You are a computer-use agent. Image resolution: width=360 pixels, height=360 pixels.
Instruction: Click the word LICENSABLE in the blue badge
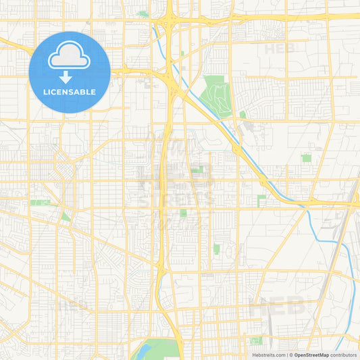click(x=70, y=92)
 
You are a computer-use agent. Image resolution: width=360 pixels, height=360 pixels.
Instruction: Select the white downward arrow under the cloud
click(x=66, y=77)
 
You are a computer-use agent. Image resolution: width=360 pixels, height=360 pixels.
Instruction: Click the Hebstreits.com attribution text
click(x=267, y=355)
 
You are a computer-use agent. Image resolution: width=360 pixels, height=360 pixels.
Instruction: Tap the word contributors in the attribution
click(x=344, y=355)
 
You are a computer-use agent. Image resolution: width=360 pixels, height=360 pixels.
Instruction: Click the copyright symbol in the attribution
click(x=290, y=355)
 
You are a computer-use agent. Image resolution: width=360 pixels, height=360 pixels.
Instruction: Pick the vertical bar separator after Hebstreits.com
click(x=286, y=355)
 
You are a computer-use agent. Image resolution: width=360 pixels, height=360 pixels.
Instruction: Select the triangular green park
click(x=65, y=216)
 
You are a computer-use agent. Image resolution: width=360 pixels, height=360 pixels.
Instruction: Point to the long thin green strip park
click(x=39, y=202)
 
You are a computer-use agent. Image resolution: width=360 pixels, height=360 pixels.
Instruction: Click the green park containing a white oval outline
click(x=255, y=340)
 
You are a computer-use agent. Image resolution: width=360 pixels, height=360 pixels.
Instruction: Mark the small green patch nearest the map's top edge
click(x=143, y=14)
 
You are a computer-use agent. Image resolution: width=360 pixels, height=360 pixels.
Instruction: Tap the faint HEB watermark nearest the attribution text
click(x=278, y=305)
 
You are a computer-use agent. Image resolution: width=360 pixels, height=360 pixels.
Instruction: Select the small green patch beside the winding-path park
click(x=242, y=115)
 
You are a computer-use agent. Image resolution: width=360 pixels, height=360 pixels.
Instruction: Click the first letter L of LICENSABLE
click(x=45, y=92)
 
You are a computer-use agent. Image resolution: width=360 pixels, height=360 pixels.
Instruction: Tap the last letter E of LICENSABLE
click(x=94, y=92)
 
